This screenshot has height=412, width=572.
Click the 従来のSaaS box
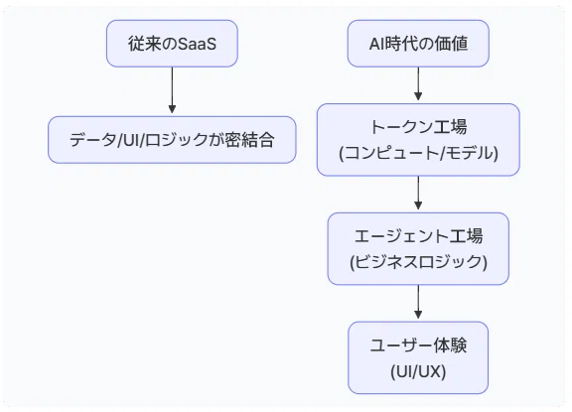(172, 44)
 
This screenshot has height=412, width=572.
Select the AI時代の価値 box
(418, 44)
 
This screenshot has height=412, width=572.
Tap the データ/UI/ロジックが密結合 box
(172, 140)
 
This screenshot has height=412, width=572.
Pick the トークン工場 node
(418, 140)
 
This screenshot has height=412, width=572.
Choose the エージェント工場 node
(418, 248)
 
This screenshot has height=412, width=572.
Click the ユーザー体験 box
(418, 357)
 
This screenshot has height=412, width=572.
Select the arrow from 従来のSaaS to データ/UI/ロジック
(172, 90)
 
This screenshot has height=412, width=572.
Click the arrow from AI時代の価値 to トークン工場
(418, 83)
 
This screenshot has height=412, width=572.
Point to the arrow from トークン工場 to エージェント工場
(418, 193)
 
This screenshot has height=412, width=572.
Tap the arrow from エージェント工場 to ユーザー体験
(418, 302)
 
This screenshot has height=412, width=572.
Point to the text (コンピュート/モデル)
(418, 153)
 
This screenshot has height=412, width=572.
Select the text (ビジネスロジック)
(418, 262)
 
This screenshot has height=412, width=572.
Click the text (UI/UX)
(418, 371)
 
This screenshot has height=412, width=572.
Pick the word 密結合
(249, 140)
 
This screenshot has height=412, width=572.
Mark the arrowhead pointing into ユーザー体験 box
(418, 315)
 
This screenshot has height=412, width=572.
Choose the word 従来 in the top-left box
(144, 44)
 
